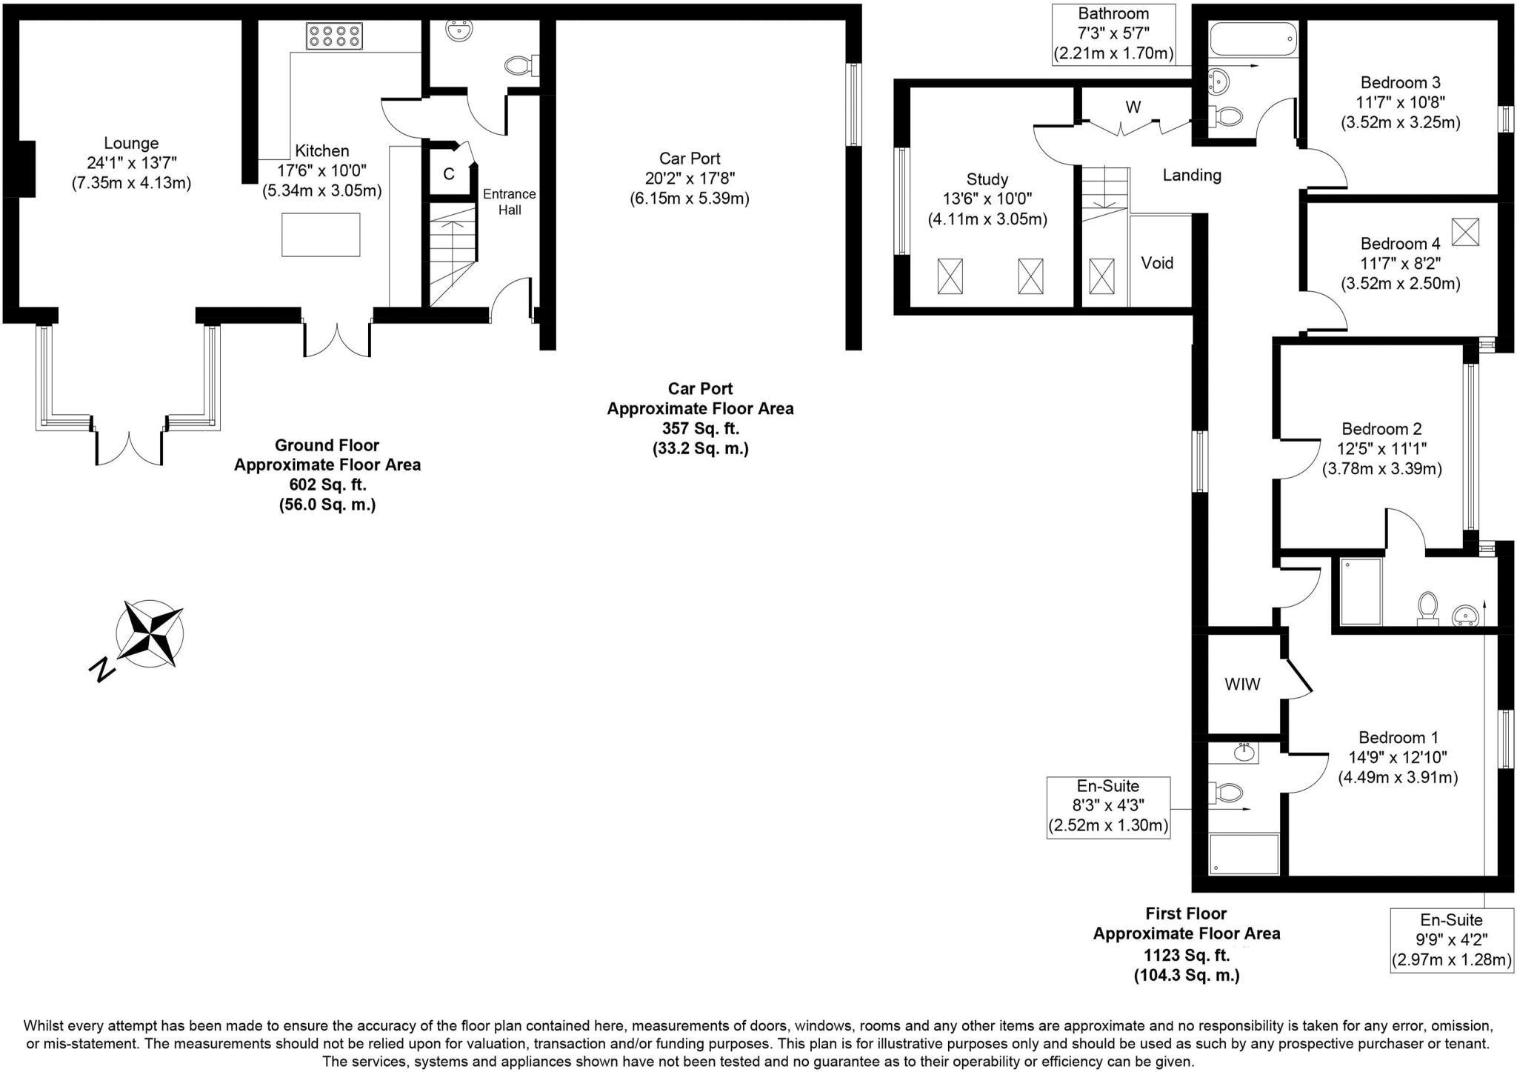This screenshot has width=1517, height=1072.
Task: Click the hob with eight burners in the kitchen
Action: [334, 36]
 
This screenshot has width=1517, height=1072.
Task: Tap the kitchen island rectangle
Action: [321, 234]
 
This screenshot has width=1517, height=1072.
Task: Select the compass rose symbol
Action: [150, 633]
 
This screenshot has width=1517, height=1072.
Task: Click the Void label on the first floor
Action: [1157, 263]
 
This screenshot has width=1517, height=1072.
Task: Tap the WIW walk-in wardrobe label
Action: [1242, 685]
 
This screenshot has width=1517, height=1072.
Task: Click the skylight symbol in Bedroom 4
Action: [1464, 232]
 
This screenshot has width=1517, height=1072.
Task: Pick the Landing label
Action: [1191, 176]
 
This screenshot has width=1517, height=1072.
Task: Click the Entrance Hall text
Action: [510, 202]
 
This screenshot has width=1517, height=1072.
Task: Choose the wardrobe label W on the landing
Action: [1133, 107]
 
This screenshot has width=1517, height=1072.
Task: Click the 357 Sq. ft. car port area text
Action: [700, 428]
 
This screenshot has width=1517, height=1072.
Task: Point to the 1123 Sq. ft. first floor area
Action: [1187, 955]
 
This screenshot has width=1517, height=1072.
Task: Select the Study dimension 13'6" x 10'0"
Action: [987, 199]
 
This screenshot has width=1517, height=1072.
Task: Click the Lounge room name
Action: [131, 143]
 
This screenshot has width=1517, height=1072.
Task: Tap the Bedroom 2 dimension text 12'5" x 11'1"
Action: [1381, 448]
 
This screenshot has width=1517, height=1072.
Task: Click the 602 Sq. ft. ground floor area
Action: [327, 485]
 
